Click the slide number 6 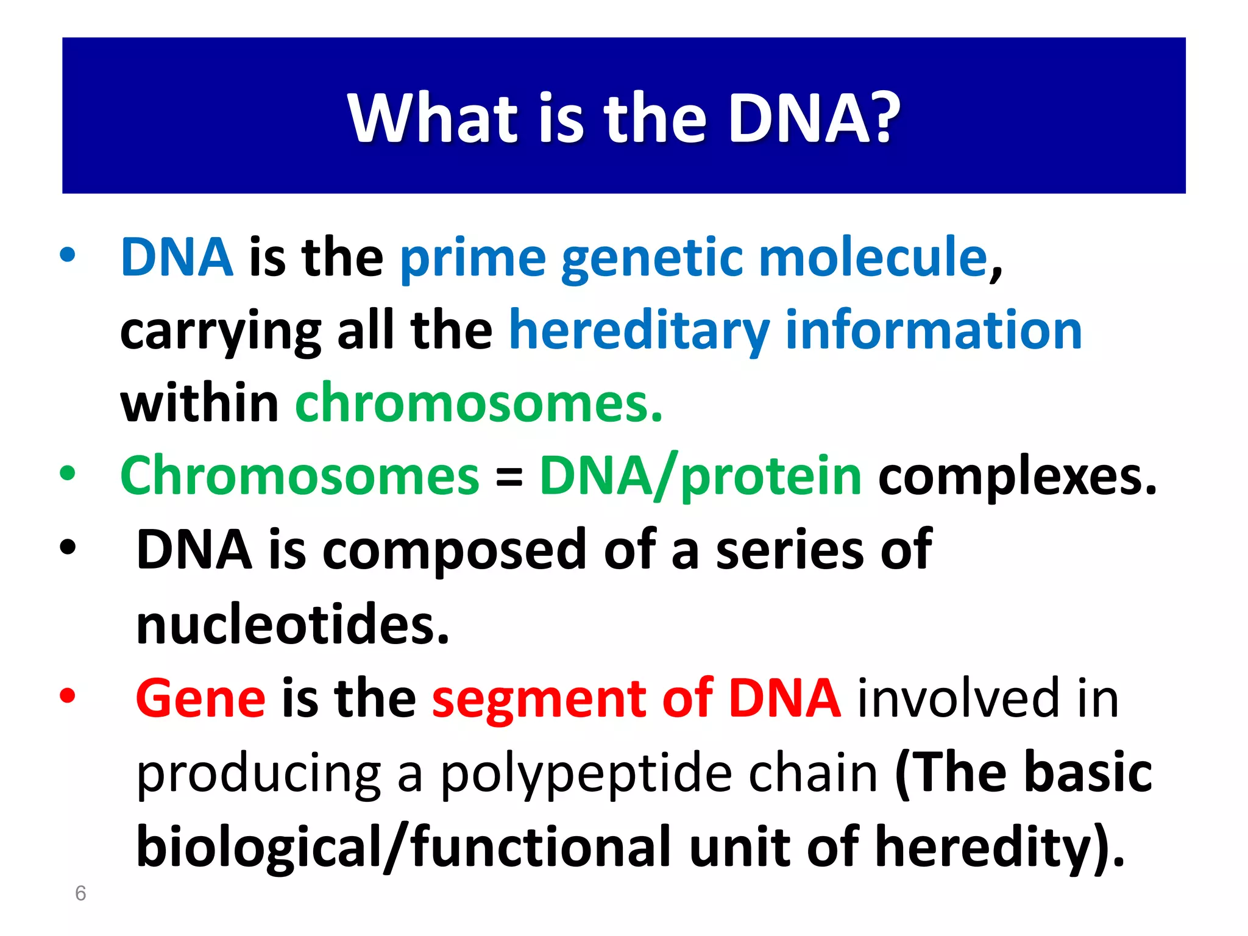pos(80,893)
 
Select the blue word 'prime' pos(472,259)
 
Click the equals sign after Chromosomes pos(509,477)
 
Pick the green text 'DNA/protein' pos(700,477)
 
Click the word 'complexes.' pos(1016,477)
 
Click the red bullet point pos(68,695)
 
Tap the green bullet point pos(68,473)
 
